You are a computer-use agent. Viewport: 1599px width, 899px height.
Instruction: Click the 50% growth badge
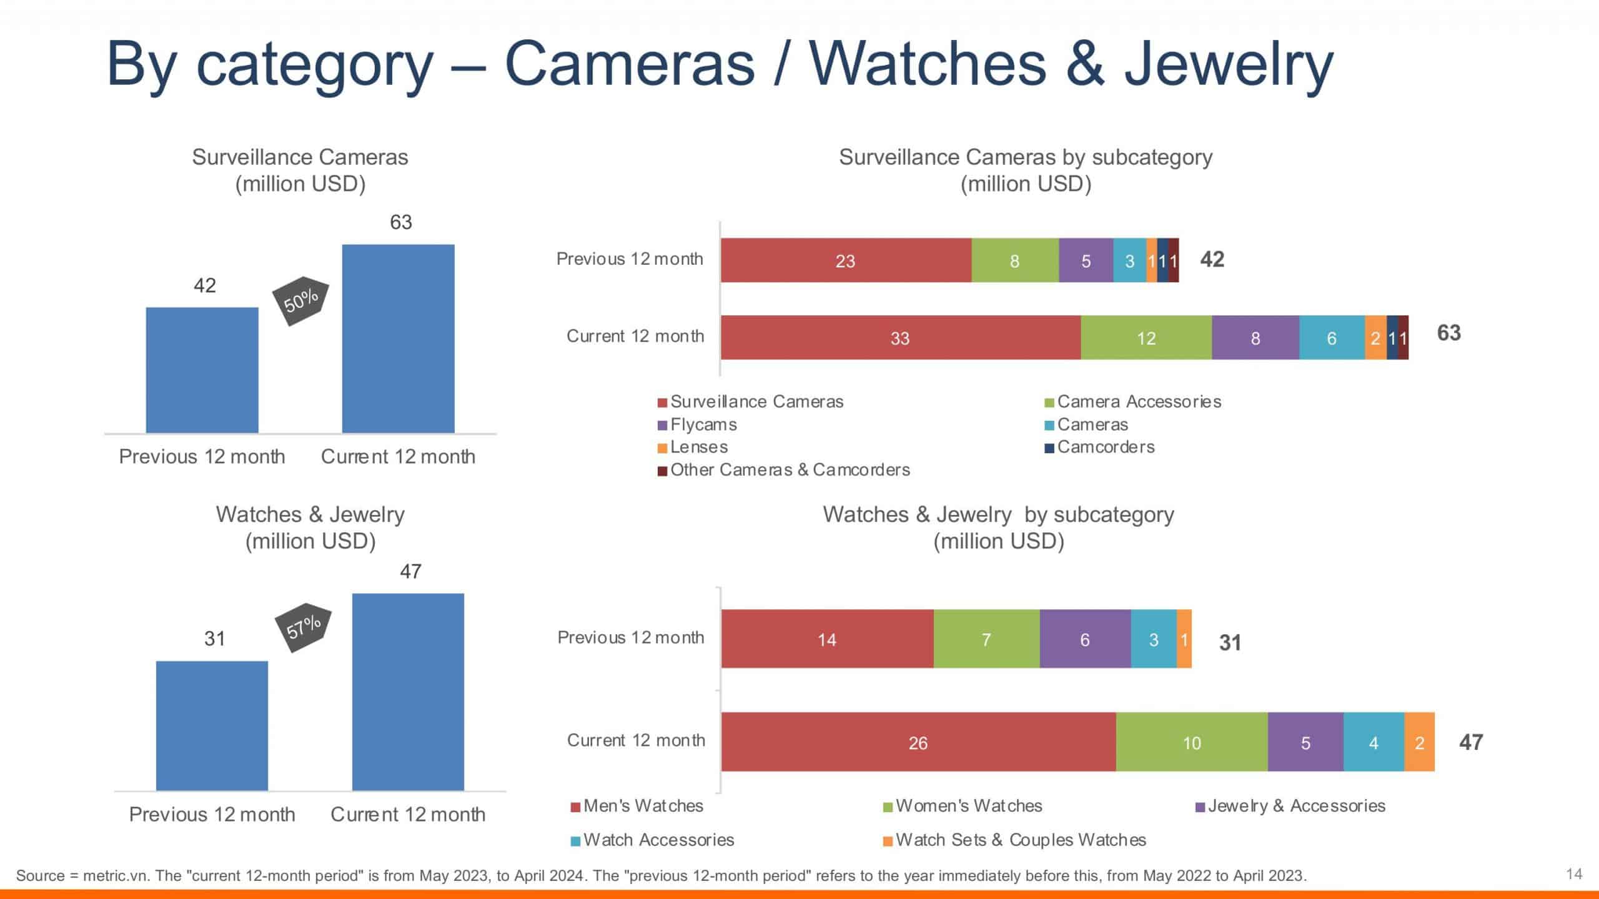coord(301,301)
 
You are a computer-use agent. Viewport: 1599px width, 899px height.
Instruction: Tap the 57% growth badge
coord(304,627)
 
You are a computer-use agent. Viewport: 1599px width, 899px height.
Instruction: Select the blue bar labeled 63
coord(398,338)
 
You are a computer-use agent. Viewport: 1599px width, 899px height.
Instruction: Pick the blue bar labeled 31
coord(212,725)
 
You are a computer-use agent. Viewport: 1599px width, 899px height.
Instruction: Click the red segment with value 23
coord(846,260)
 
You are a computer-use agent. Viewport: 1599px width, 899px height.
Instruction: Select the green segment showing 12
coord(1146,338)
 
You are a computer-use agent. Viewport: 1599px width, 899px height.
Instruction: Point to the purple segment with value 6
coord(1085,639)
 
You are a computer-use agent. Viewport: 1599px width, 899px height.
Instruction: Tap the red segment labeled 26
coord(918,742)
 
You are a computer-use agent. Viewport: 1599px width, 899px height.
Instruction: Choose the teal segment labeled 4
coord(1374,742)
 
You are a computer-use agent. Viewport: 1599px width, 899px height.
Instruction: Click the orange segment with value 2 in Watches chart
coord(1419,742)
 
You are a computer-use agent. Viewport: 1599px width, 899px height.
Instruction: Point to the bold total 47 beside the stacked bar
coord(1470,742)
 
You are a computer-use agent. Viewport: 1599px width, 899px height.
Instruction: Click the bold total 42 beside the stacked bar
coord(1212,259)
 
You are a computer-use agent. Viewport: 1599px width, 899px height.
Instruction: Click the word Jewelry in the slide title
coord(1228,65)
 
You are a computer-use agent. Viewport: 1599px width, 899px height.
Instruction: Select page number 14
coord(1574,873)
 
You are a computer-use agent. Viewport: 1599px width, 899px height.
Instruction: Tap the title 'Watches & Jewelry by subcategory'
coord(998,514)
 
